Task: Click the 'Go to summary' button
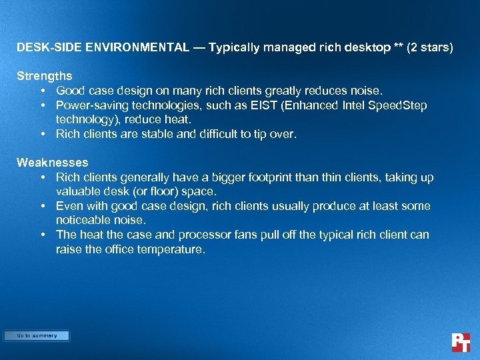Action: click(37, 336)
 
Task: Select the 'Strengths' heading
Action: click(45, 76)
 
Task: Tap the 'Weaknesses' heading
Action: click(53, 163)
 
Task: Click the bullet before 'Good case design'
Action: click(42, 91)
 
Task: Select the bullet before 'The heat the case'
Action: click(42, 235)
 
